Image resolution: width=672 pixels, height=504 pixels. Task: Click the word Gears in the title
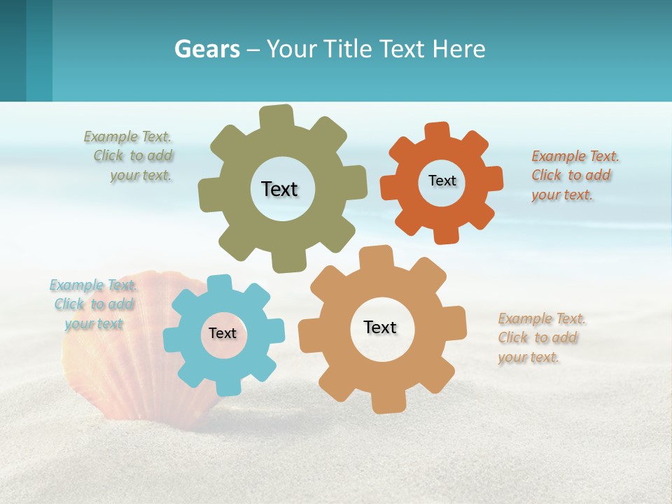tap(206, 50)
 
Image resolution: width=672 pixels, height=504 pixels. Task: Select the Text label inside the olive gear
tap(279, 189)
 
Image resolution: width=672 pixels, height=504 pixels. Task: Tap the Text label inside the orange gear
tap(442, 181)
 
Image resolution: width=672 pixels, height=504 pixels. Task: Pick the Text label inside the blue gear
tap(223, 333)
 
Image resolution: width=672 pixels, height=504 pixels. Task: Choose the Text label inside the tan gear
tap(380, 327)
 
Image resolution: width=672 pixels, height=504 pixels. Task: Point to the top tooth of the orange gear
tap(437, 132)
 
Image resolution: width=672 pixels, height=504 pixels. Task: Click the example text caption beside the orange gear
tap(574, 175)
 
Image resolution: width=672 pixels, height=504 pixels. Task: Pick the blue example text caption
tap(94, 304)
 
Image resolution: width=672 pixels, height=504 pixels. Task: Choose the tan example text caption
tap(540, 337)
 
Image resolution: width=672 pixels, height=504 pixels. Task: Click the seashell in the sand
tap(119, 357)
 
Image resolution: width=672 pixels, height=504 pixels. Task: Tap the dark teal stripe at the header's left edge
tap(13, 50)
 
